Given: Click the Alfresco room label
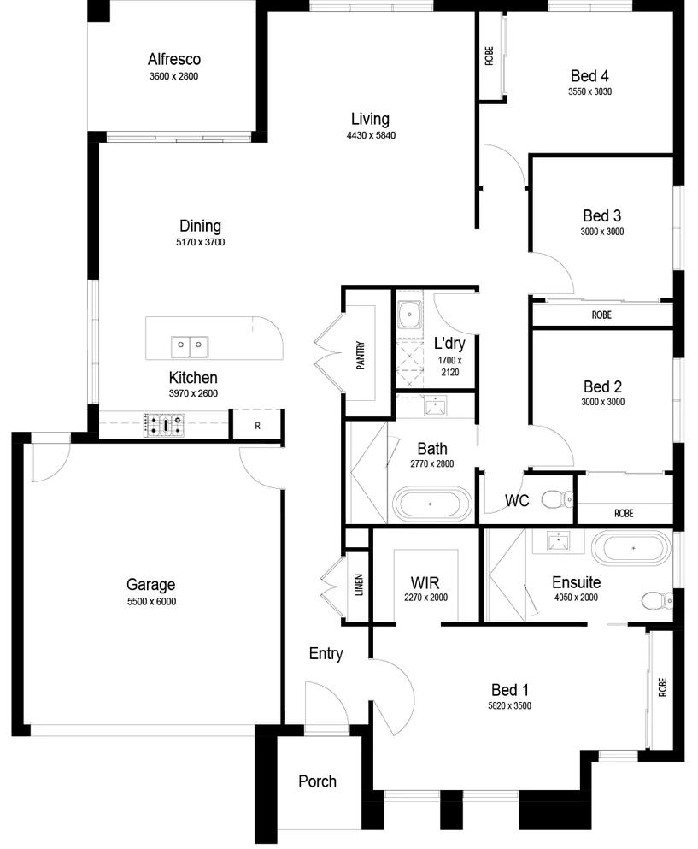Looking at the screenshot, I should click(x=173, y=60).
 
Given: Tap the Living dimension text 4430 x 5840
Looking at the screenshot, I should click(x=371, y=135).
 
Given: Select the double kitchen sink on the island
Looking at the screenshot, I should click(x=190, y=346).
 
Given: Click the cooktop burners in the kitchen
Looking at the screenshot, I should click(x=164, y=425).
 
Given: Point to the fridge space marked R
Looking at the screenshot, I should click(x=257, y=425).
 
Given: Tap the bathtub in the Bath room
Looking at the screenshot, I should click(x=431, y=504).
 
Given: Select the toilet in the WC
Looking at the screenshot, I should click(x=560, y=498).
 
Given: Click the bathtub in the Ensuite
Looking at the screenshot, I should click(x=632, y=547).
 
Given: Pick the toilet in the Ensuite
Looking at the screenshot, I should click(x=656, y=600).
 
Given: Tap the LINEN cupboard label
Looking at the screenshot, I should click(x=359, y=590).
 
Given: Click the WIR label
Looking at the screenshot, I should click(x=425, y=582).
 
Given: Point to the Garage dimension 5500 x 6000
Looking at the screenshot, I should click(x=150, y=601).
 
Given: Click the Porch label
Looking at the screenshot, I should click(x=317, y=781).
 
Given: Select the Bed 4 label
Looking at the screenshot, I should click(x=589, y=75).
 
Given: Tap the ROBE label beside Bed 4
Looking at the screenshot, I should click(x=490, y=56).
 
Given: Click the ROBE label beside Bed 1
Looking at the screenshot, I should click(x=662, y=687).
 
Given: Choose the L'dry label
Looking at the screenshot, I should click(x=449, y=344).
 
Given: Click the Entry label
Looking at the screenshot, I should click(x=326, y=654).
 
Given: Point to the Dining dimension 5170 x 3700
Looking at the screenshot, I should click(x=200, y=242).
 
